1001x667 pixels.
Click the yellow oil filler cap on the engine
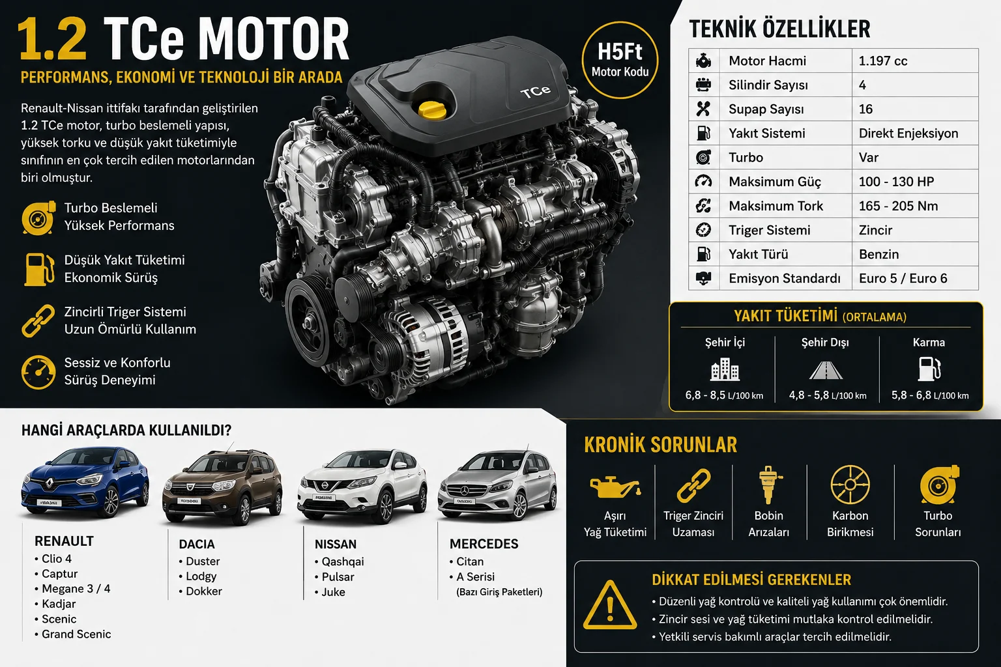(x=432, y=110)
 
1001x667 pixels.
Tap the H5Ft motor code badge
(x=620, y=60)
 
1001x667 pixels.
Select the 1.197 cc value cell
(x=882, y=61)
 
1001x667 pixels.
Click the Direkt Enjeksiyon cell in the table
(x=908, y=133)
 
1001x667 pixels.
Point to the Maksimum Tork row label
(x=776, y=206)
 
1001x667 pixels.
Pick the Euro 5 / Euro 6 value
(x=903, y=278)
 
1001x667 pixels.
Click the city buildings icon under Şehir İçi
(x=725, y=369)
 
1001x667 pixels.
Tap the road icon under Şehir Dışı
(x=826, y=371)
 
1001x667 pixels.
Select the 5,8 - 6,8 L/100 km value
(x=930, y=395)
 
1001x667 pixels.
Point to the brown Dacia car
(x=222, y=487)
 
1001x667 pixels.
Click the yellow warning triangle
(x=609, y=605)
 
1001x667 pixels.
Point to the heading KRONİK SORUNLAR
(x=660, y=445)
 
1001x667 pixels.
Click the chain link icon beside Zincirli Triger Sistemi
(x=38, y=320)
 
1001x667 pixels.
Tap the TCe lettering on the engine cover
(x=535, y=92)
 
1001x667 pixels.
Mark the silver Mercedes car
(x=497, y=485)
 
